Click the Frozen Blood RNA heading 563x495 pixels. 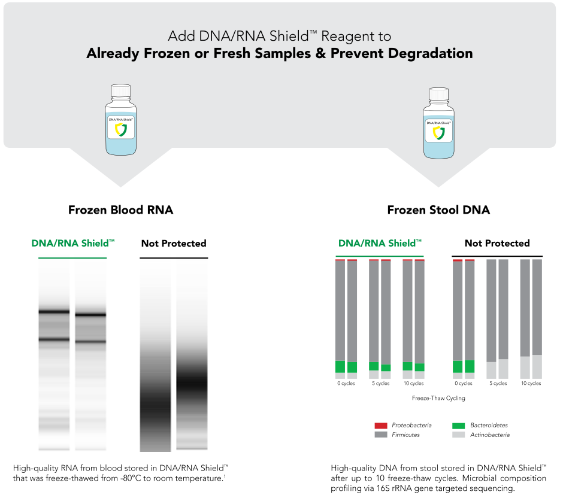pyautogui.click(x=120, y=210)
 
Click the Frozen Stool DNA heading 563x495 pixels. pyautogui.click(x=438, y=210)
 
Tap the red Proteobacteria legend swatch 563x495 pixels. pyautogui.click(x=380, y=426)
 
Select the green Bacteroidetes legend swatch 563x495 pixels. pyautogui.click(x=459, y=426)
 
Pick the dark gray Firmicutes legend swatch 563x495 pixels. pyautogui.click(x=380, y=435)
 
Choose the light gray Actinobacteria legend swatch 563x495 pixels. pyautogui.click(x=459, y=435)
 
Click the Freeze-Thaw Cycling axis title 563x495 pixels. pyautogui.click(x=438, y=398)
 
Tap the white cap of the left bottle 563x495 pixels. pyautogui.click(x=120, y=91)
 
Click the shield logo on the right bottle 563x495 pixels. pyautogui.click(x=438, y=133)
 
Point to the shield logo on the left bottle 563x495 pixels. pyautogui.click(x=120, y=130)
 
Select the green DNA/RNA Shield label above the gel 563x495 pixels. pyautogui.click(x=73, y=243)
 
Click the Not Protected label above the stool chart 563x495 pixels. pyautogui.click(x=497, y=243)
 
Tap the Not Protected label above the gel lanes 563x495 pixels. pyautogui.click(x=174, y=243)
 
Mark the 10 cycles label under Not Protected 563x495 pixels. pyautogui.click(x=531, y=384)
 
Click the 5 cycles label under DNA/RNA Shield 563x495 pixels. pyautogui.click(x=380, y=384)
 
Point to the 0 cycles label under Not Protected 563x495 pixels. pyautogui.click(x=464, y=384)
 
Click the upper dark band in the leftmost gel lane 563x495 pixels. pyautogui.click(x=54, y=312)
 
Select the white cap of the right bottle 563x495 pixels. pyautogui.click(x=438, y=94)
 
